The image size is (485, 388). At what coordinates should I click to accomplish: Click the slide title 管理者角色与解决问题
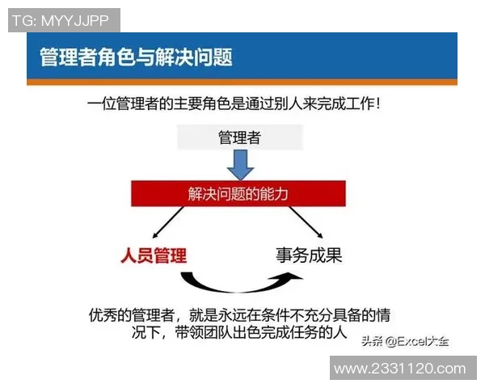pos(136,57)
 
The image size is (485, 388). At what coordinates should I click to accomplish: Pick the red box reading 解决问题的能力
pos(239,194)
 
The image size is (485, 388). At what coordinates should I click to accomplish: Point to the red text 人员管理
pos(154,256)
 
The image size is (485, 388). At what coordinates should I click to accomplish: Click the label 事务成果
pos(309,255)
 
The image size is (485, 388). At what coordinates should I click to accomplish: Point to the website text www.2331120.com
pos(400,369)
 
